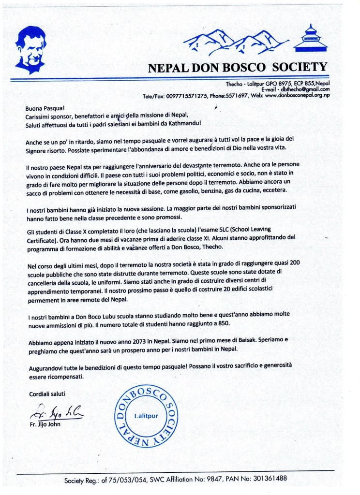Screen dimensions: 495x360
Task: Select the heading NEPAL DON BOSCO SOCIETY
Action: click(x=238, y=67)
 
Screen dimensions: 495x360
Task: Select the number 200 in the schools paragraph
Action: click(x=293, y=262)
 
